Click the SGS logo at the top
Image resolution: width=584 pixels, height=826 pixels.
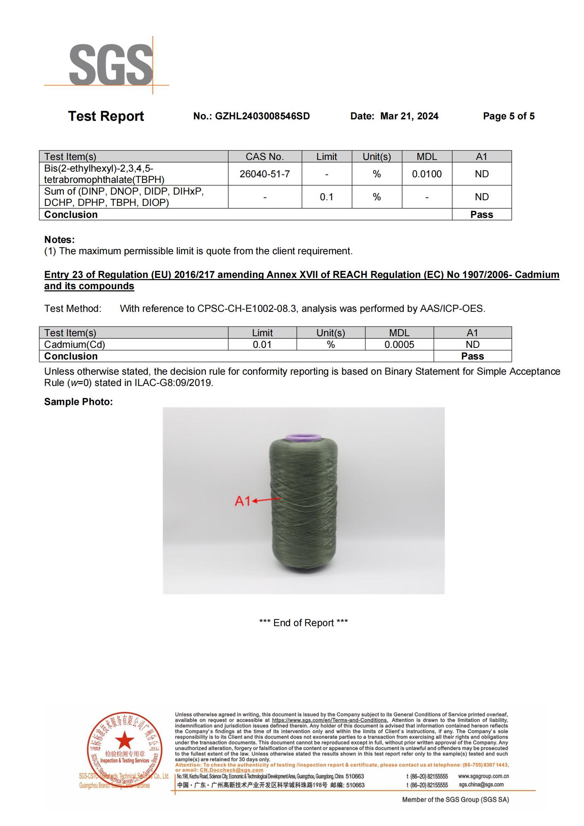pos(111,65)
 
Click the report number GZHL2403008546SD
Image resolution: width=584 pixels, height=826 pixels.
pos(262,116)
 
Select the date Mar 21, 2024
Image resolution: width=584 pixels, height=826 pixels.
pos(409,116)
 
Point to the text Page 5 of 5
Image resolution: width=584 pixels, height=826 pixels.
pos(508,116)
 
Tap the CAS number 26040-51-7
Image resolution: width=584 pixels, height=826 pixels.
pos(265,174)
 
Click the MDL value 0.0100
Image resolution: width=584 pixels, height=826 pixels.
pos(427,174)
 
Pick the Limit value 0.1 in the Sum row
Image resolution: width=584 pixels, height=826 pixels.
pos(327,197)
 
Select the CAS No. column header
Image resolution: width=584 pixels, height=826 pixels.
pos(265,157)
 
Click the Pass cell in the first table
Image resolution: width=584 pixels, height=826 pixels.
pos(482,215)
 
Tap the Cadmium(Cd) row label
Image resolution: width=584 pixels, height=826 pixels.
pos(75,345)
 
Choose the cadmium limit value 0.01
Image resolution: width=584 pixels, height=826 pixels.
pos(262,345)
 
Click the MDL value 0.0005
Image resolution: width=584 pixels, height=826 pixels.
pos(399,345)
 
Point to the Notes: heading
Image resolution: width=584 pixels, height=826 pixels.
pos(59,239)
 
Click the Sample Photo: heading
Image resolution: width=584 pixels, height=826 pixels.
pos(78,402)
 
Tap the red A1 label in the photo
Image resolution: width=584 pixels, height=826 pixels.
pos(242,501)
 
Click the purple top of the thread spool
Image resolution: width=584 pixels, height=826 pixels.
pos(303,438)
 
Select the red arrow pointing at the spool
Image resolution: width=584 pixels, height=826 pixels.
pos(267,500)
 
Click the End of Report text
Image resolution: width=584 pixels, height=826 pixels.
pos(304,623)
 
